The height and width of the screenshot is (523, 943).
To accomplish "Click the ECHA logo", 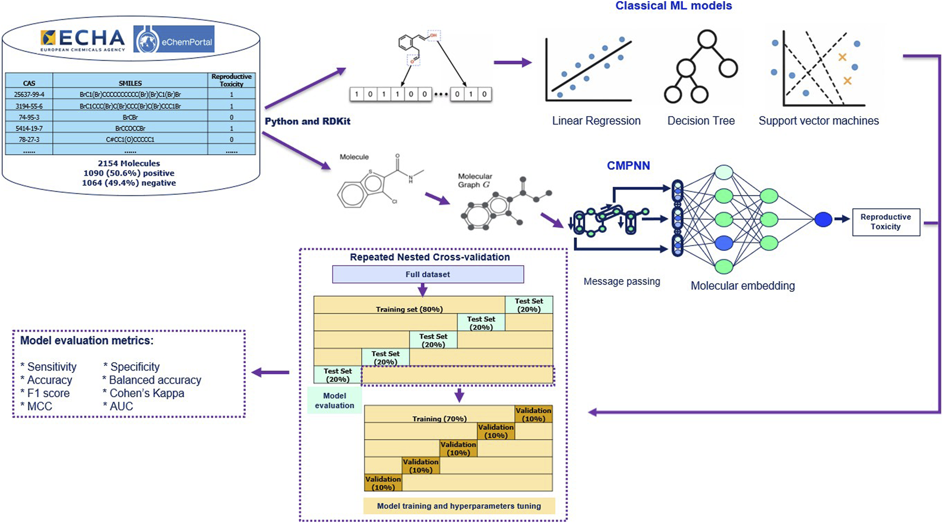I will tap(83, 39).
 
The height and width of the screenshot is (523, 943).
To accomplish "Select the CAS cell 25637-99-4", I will tap(29, 94).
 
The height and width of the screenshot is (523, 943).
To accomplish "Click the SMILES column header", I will tap(130, 83).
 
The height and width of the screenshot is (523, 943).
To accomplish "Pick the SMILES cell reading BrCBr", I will tap(130, 117).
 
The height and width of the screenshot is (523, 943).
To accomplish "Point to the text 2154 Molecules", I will tap(129, 164).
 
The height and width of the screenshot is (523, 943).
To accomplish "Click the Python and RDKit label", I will tap(308, 121).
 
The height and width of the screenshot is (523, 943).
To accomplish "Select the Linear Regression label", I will tap(596, 121).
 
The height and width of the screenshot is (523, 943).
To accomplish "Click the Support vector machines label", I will tap(818, 121).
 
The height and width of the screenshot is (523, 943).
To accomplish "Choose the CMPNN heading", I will tap(628, 166).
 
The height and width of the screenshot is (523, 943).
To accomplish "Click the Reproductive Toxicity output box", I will tap(886, 222).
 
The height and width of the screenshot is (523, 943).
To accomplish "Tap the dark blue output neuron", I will tap(823, 219).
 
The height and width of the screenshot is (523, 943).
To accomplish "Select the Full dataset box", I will tap(428, 274).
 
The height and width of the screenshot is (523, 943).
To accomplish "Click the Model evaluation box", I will tap(334, 401).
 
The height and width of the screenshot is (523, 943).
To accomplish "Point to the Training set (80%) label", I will tap(409, 309).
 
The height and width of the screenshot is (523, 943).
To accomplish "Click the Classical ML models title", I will tap(673, 6).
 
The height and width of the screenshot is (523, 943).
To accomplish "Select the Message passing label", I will tap(622, 281).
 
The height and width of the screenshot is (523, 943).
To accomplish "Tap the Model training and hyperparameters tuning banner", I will tap(459, 506).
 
